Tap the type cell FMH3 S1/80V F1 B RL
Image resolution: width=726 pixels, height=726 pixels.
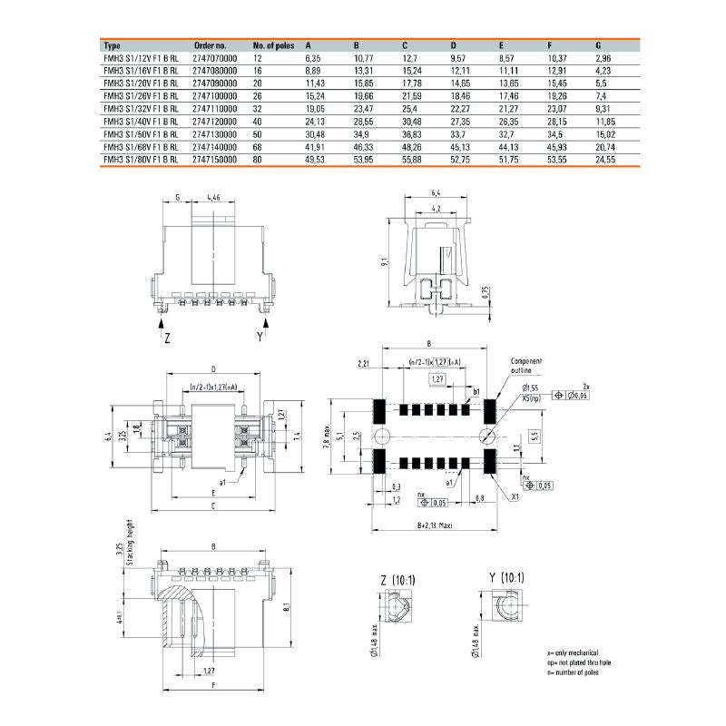point(141,158)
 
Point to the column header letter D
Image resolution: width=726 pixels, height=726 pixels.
point(454,44)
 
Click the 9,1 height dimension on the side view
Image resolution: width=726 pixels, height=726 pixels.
point(386,262)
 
